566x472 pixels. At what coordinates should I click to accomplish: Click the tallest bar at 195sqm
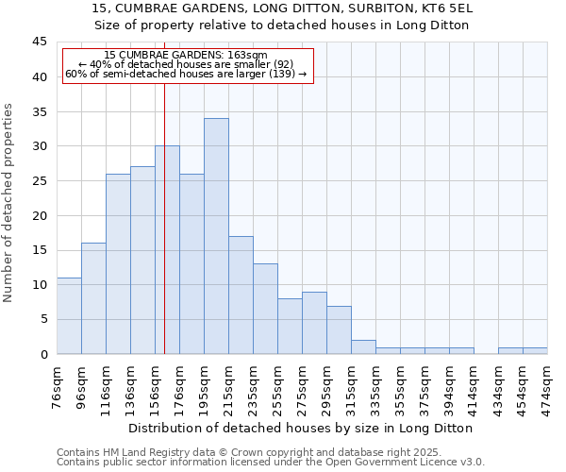216,236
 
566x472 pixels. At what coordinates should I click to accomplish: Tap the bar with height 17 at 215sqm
241,295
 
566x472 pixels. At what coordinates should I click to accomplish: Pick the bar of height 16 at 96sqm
93,298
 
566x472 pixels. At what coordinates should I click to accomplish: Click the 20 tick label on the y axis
40,215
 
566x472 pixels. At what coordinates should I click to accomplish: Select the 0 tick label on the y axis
43,354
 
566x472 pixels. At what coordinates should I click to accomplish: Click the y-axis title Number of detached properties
9,202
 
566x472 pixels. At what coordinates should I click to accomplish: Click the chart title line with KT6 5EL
283,8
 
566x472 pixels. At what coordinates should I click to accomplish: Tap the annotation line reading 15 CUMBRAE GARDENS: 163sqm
186,56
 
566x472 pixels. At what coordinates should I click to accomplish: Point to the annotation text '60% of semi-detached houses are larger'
186,74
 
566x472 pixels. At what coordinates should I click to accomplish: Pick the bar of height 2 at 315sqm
363,346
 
